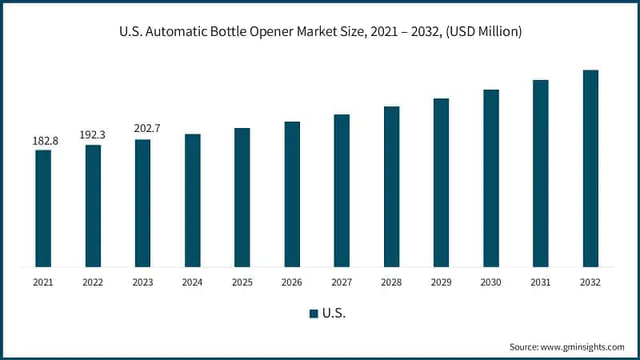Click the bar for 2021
pyautogui.click(x=43, y=208)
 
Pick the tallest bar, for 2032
pyautogui.click(x=590, y=168)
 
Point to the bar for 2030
pyautogui.click(x=491, y=178)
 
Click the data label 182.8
pyautogui.click(x=43, y=141)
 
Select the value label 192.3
pyautogui.click(x=93, y=135)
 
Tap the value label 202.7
pyautogui.click(x=142, y=129)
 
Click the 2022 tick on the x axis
pyautogui.click(x=93, y=282)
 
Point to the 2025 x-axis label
pyautogui.click(x=242, y=282)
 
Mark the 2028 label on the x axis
pyautogui.click(x=391, y=282)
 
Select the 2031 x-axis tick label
pyautogui.click(x=541, y=282)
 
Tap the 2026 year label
pyautogui.click(x=292, y=282)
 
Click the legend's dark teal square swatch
pyautogui.click(x=314, y=313)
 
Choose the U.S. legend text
pyautogui.click(x=333, y=313)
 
